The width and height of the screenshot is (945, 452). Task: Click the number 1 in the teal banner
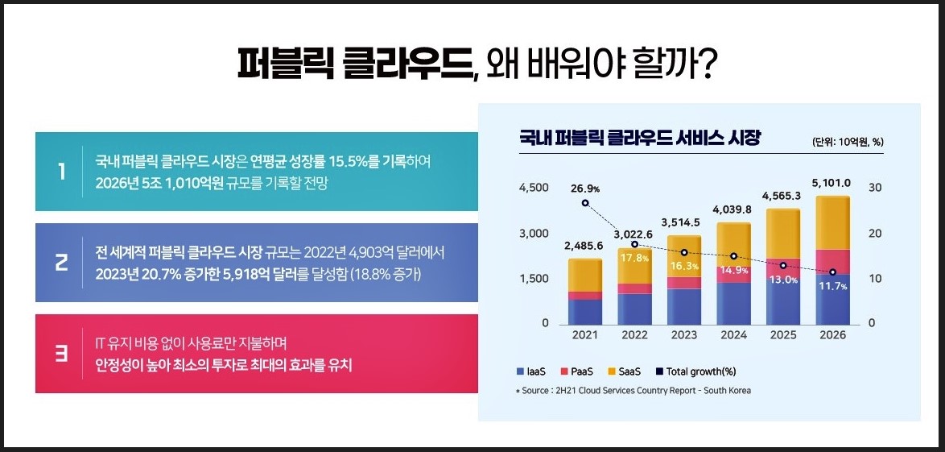pyautogui.click(x=62, y=172)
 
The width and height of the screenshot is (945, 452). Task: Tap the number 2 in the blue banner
pyautogui.click(x=62, y=263)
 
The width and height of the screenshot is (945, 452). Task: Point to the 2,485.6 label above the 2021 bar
pyautogui.click(x=584, y=246)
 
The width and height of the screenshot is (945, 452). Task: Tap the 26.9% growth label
pyautogui.click(x=585, y=189)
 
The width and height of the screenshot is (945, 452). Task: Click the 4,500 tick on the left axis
pyautogui.click(x=533, y=188)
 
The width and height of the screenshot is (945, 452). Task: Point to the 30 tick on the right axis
pyautogui.click(x=876, y=188)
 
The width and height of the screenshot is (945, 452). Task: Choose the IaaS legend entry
pyautogui.click(x=531, y=371)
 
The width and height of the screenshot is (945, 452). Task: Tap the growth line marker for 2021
pyautogui.click(x=585, y=203)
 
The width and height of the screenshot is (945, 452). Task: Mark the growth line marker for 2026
pyautogui.click(x=832, y=272)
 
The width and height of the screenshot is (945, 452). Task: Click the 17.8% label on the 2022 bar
pyautogui.click(x=635, y=259)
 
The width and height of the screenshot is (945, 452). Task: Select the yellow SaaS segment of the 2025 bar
pyautogui.click(x=783, y=234)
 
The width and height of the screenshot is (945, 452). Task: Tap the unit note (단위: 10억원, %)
pyautogui.click(x=848, y=142)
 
